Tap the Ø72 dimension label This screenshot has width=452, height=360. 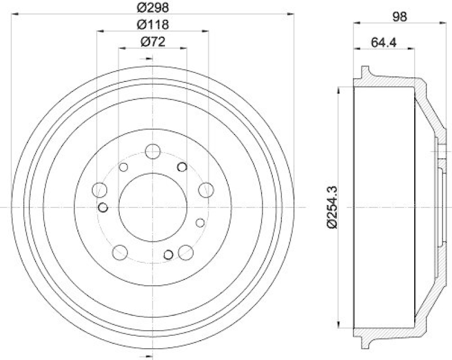(x=151, y=42)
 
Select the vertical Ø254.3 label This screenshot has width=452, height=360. (x=332, y=207)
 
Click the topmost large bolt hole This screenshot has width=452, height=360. (x=153, y=151)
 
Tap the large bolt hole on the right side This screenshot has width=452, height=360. (x=206, y=189)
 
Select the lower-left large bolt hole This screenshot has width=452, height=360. (x=120, y=251)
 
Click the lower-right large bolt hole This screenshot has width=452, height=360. (x=185, y=251)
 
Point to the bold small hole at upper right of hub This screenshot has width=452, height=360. (x=182, y=167)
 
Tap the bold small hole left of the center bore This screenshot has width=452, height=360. (x=103, y=207)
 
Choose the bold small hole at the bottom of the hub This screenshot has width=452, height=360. (x=168, y=255)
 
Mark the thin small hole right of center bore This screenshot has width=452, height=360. (x=199, y=223)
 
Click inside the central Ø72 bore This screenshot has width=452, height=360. (x=152, y=207)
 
